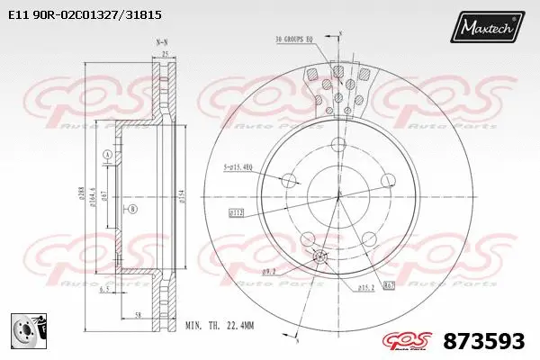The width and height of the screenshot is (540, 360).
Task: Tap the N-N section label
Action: [162, 41]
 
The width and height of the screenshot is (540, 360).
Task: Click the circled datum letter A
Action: [107, 156]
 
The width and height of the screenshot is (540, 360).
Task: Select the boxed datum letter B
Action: [133, 210]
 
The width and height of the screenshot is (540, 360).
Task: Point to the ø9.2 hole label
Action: [268, 270]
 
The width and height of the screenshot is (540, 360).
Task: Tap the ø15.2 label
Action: [366, 288]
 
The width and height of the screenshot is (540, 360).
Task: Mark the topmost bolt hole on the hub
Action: [339, 144]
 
